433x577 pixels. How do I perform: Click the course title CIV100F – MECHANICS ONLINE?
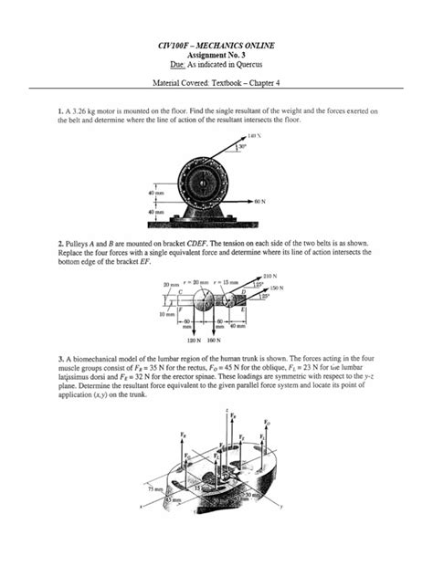pyautogui.click(x=216, y=46)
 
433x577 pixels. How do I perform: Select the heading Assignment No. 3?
pyautogui.click(x=216, y=56)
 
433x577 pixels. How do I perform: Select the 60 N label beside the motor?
pyautogui.click(x=260, y=199)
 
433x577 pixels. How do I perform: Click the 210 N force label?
pyautogui.click(x=269, y=275)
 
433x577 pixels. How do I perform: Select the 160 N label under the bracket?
pyautogui.click(x=213, y=339)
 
